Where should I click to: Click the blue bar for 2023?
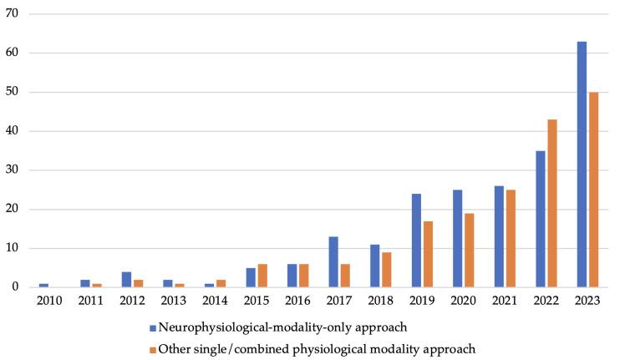[x=582, y=164]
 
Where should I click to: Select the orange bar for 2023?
[x=593, y=190]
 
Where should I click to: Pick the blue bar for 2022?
[x=541, y=219]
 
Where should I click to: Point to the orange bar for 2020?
[x=470, y=250]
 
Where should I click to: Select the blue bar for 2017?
[x=333, y=261]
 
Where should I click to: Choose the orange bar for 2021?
[x=511, y=238]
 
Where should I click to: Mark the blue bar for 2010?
[x=43, y=285]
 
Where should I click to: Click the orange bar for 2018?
[x=387, y=270]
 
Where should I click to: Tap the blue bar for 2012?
[x=126, y=279]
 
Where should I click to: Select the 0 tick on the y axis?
[x=21, y=287]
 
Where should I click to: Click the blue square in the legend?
[x=153, y=326]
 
